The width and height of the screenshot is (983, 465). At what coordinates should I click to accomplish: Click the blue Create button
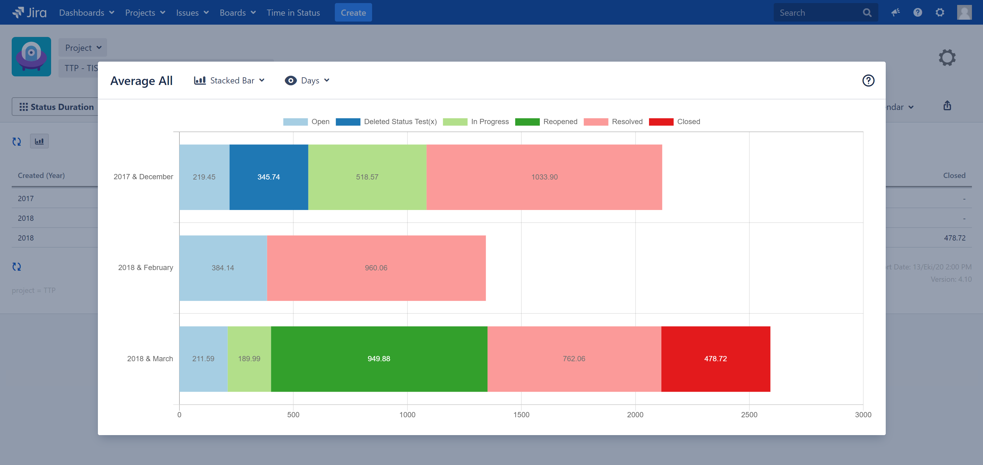pos(353,13)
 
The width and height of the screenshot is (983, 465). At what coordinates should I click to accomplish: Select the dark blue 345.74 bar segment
pos(269,177)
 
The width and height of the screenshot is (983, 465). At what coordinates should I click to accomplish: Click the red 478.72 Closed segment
pos(716,358)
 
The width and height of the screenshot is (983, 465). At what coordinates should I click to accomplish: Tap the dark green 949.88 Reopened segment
pos(379,358)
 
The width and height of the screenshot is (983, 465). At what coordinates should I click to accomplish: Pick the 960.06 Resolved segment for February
pos(376,268)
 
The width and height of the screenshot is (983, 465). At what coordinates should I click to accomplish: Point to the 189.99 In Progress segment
pos(249,358)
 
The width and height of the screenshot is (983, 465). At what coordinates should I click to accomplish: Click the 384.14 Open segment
pos(223,268)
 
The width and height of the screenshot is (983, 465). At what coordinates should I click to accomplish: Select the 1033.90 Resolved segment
pos(544,177)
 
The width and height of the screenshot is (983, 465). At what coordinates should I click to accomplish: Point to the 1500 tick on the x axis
pos(521,414)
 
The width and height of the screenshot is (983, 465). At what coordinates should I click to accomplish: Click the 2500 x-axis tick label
pos(749,414)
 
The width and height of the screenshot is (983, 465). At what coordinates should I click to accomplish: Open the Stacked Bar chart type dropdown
pos(229,81)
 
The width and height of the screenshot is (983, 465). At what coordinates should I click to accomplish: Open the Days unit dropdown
pos(307,81)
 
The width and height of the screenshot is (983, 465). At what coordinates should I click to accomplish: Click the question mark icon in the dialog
pos(868,81)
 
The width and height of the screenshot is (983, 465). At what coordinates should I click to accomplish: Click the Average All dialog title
pos(141,81)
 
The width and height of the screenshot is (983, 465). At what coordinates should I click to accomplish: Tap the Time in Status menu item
pos(293,13)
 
